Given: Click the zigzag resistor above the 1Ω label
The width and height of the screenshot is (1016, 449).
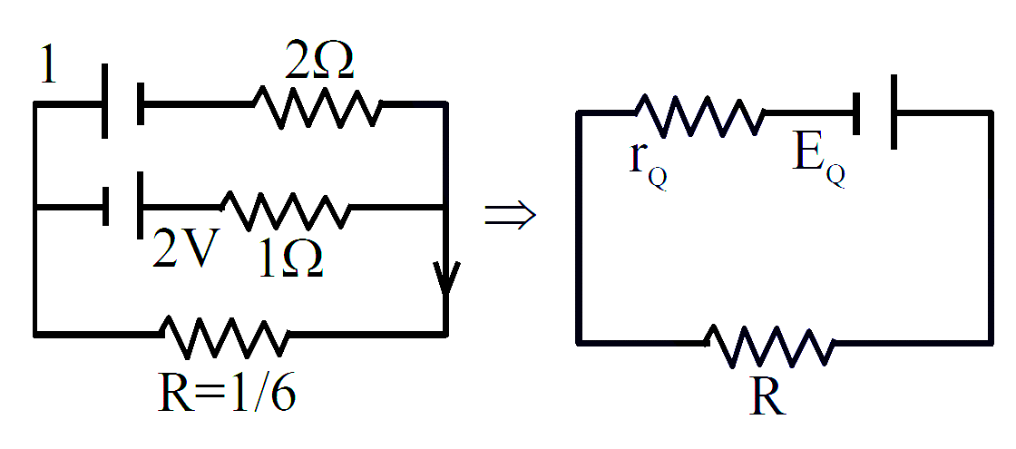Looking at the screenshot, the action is click(x=286, y=210).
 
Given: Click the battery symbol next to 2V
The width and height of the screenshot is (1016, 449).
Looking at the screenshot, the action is click(x=123, y=206).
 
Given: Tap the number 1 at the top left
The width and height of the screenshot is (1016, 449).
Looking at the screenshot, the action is click(x=48, y=64).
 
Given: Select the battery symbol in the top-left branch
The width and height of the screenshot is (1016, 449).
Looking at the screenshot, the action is click(x=123, y=102).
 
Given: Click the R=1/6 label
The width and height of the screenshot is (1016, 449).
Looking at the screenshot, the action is click(x=227, y=392).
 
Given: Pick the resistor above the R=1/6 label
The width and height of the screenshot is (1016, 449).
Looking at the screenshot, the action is click(x=225, y=337).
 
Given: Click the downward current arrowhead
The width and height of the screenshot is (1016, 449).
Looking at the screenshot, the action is click(x=445, y=278).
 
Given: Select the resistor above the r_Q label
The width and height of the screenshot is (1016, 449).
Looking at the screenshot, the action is click(x=700, y=115).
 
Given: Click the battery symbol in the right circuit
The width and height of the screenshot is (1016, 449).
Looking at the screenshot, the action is click(x=875, y=112).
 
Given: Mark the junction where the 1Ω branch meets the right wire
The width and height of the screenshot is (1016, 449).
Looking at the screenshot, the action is click(x=444, y=208).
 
